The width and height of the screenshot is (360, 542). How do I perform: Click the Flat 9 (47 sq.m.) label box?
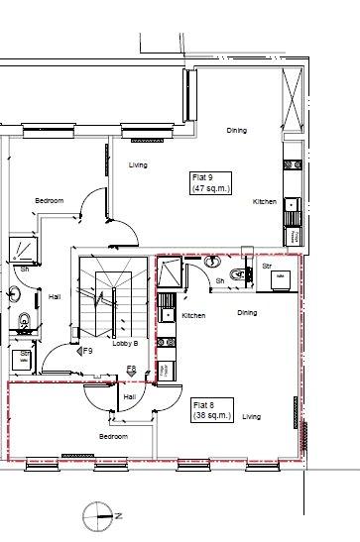(x=210, y=183)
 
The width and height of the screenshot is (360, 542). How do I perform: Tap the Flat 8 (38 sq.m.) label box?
(x=212, y=410)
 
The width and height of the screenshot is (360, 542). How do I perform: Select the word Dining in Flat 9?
(x=237, y=131)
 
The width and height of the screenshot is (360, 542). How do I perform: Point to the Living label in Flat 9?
(x=138, y=165)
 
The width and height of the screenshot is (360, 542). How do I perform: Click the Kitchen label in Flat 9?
(x=265, y=201)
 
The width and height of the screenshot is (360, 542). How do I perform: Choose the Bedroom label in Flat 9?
(x=50, y=200)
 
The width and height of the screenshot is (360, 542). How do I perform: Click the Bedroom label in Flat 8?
(x=113, y=437)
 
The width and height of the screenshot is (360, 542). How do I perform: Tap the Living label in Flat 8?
(x=252, y=417)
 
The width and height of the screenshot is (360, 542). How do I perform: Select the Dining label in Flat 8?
(x=247, y=312)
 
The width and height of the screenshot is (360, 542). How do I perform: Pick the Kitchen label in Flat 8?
(x=193, y=316)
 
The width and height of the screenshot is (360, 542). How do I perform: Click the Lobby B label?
(x=125, y=344)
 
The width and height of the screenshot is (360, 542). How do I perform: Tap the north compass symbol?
(x=98, y=517)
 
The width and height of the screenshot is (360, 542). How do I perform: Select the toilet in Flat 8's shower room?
(x=239, y=274)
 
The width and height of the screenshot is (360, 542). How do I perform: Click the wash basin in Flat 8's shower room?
(x=212, y=262)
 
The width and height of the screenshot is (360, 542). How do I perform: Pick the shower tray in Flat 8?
(x=170, y=271)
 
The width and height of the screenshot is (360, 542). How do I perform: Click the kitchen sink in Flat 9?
(x=292, y=204)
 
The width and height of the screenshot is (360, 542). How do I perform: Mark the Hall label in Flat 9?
(x=55, y=296)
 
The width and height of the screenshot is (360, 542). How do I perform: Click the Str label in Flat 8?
(x=267, y=267)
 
